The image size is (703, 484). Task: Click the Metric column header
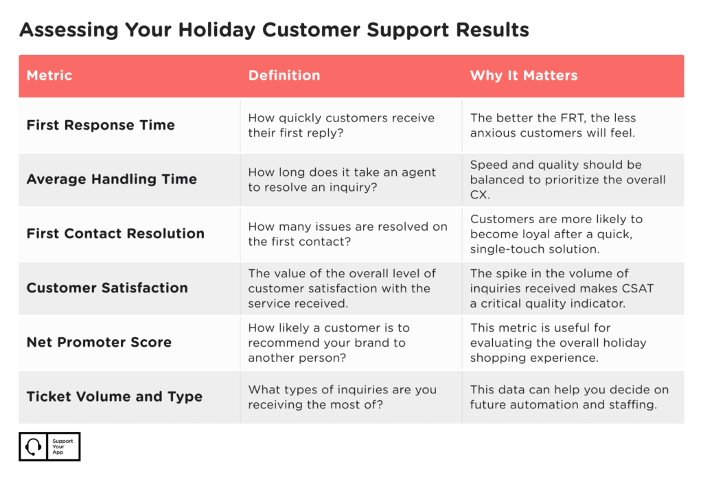(x=49, y=76)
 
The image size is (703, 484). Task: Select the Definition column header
(x=284, y=76)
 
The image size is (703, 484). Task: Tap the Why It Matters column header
(x=524, y=76)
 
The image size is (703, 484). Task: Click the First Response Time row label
(x=100, y=125)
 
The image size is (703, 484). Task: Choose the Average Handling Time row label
(x=112, y=179)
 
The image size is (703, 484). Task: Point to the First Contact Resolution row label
(x=115, y=233)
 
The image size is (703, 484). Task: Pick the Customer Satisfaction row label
(x=107, y=288)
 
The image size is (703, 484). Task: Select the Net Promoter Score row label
(x=99, y=343)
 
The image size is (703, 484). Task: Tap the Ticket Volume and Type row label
(x=115, y=397)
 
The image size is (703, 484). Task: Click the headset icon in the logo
(x=33, y=447)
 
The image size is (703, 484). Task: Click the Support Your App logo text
(x=62, y=447)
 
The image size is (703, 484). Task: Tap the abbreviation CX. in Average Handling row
(x=480, y=194)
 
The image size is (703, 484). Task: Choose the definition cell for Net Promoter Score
(x=329, y=343)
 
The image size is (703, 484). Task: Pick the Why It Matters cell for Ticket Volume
(x=569, y=397)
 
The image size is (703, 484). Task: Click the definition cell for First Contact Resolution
(x=347, y=234)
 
